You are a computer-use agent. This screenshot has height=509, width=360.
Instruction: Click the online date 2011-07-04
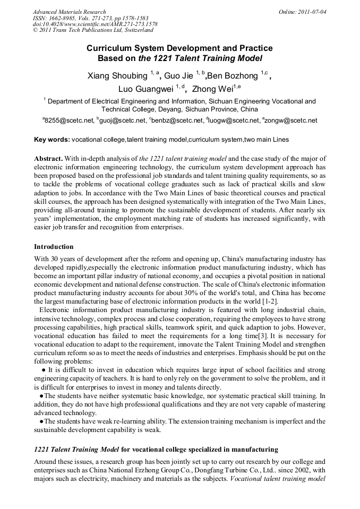pos(313,12)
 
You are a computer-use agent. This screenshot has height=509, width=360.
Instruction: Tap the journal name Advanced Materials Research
pos(69,12)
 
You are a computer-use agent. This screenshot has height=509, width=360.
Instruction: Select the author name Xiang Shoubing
pos(117,76)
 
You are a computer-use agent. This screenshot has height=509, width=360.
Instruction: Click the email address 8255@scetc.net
pos(69,121)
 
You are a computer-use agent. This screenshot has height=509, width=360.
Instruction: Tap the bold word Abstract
pos(49,159)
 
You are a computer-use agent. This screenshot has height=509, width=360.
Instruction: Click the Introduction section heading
pos(54,247)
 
